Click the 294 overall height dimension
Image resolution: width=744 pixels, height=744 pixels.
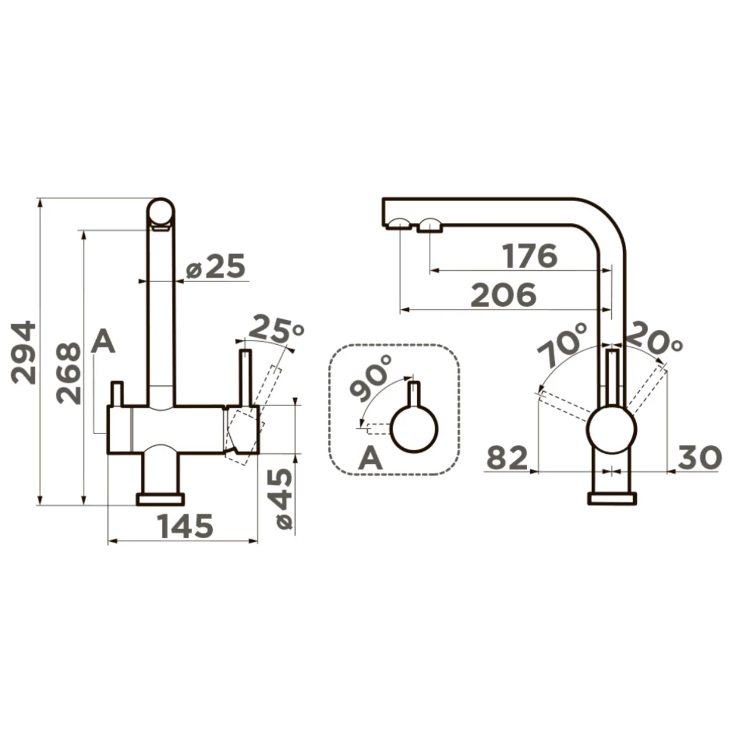coord(24,353)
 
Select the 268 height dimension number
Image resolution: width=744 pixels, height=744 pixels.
coord(69,373)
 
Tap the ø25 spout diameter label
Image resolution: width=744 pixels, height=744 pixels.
coord(215,266)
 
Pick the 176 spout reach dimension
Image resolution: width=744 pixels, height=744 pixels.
coord(529,255)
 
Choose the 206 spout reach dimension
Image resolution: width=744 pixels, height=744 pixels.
coord(503,295)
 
